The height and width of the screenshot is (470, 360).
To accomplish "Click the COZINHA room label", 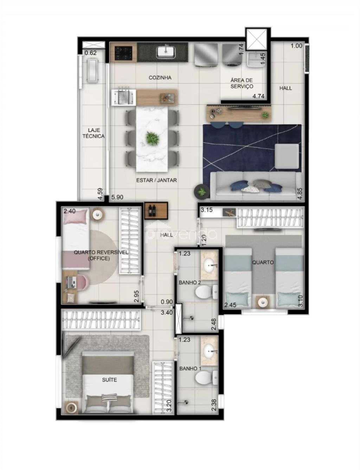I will (x=160, y=78).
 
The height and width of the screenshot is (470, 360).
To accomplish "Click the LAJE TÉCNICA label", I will (x=94, y=133).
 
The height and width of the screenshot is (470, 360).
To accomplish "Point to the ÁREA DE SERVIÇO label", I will (x=242, y=83).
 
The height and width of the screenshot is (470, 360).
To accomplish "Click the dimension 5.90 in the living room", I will (x=117, y=198).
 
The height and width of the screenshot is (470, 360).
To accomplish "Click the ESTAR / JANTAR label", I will (x=156, y=180).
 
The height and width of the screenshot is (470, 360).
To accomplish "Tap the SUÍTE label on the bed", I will (x=110, y=380).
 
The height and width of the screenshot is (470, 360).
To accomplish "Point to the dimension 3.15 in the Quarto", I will (x=207, y=211).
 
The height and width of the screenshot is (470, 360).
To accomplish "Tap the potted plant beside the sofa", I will (x=201, y=192).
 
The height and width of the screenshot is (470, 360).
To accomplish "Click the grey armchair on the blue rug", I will (x=287, y=156).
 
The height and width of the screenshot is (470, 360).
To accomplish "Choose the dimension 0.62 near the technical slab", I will (x=90, y=53).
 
